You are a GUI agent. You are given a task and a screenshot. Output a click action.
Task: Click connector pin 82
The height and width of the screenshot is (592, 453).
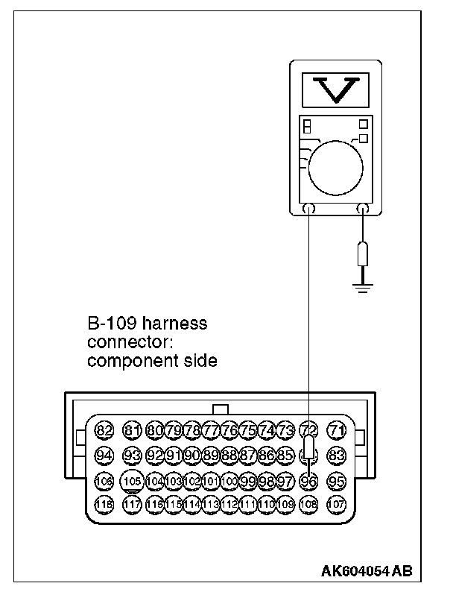click(104, 430)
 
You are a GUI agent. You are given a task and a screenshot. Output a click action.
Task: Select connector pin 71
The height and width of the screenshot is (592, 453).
click(338, 430)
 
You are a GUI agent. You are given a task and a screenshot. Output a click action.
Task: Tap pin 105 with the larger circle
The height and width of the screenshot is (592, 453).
click(132, 481)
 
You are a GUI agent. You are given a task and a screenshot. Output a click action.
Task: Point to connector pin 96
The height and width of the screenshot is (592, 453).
click(308, 481)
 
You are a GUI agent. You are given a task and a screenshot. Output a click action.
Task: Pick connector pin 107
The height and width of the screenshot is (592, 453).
click(338, 504)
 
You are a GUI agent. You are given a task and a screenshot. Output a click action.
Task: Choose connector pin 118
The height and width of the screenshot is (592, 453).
click(104, 504)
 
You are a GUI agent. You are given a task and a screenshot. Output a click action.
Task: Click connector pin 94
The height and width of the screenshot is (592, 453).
click(104, 455)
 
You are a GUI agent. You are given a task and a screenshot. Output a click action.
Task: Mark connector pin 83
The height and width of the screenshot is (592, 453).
click(338, 455)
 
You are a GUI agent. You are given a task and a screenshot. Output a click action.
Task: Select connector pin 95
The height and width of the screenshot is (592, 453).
click(338, 481)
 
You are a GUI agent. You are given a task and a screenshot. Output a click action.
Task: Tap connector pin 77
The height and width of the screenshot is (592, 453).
click(210, 430)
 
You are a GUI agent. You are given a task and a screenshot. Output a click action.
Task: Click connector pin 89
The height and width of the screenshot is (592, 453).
click(210, 455)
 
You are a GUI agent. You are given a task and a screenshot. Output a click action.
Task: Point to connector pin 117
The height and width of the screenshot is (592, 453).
click(132, 504)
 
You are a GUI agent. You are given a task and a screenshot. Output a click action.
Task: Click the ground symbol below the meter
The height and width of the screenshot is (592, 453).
click(363, 286)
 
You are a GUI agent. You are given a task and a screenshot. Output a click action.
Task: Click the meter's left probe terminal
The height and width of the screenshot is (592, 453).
click(309, 210)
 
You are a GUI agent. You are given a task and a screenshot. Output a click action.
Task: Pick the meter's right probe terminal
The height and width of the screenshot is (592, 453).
click(363, 210)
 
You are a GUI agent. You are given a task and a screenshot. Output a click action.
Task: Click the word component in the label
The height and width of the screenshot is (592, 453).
click(124, 361)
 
